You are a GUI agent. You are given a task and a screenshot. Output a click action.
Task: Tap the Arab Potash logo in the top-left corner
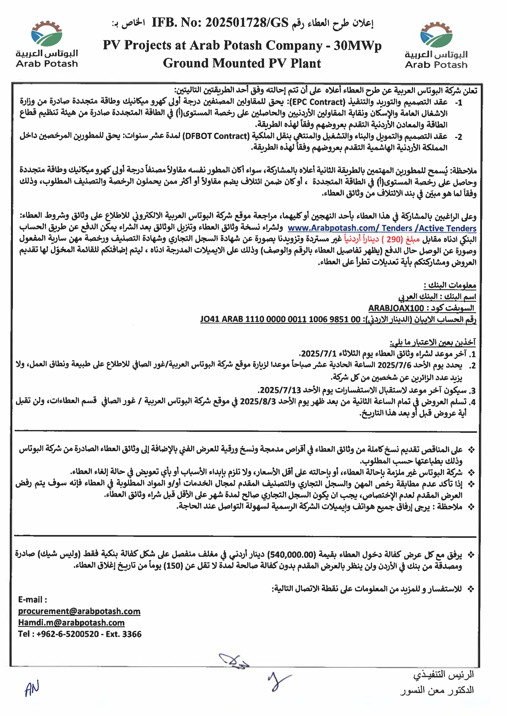(47, 44)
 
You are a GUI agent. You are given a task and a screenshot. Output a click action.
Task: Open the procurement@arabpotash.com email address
(79, 611)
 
